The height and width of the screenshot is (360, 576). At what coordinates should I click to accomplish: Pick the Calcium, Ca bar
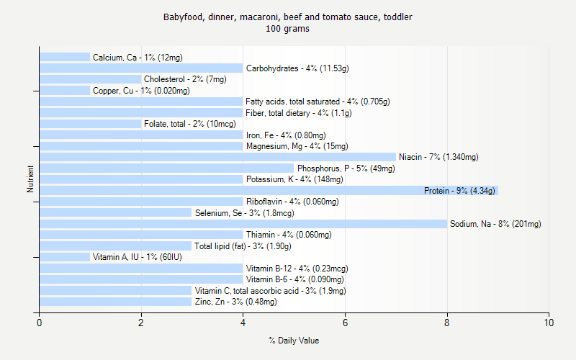(x=65, y=57)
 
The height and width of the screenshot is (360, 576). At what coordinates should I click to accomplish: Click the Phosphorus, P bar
(x=166, y=168)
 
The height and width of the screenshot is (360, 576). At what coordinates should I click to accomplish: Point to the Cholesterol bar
(x=90, y=79)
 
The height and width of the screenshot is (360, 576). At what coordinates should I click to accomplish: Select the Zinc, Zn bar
(x=115, y=302)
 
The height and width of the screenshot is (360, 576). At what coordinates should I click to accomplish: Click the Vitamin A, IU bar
(x=65, y=257)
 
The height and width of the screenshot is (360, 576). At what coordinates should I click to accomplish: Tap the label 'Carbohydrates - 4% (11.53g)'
(x=297, y=68)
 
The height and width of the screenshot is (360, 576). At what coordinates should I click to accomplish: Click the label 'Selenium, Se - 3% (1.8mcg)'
(x=244, y=213)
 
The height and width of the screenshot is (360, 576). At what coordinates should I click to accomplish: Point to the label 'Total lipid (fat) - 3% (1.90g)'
(x=243, y=246)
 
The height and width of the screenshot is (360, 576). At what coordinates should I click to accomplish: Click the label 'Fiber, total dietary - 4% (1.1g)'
(x=299, y=113)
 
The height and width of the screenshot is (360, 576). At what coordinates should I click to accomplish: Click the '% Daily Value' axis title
(x=294, y=341)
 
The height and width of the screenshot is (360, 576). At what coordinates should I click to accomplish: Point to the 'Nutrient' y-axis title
(x=31, y=179)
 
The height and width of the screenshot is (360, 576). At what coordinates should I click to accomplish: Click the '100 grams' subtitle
(x=287, y=29)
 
